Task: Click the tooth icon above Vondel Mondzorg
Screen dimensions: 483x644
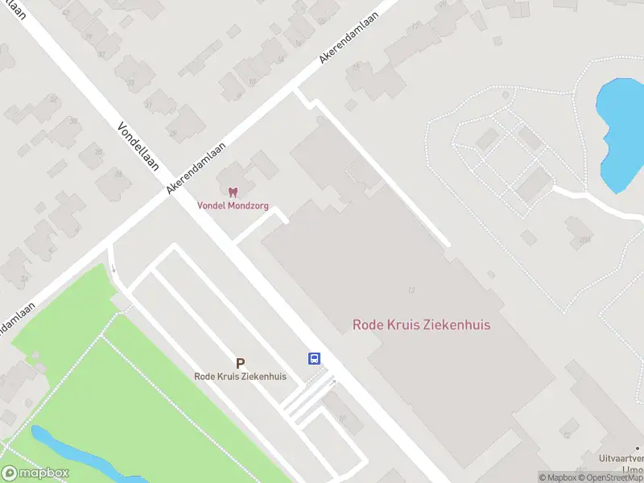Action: tap(233, 192)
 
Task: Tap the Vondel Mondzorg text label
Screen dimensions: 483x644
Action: tap(233, 205)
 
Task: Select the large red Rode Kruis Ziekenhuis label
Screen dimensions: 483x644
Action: tap(421, 324)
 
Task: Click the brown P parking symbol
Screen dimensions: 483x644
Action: tap(240, 364)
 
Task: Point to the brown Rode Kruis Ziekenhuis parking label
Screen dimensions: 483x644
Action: tap(240, 376)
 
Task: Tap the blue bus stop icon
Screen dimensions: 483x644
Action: tap(314, 359)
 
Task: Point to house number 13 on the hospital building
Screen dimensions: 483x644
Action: tap(411, 291)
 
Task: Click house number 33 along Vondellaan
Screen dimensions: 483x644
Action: tap(130, 83)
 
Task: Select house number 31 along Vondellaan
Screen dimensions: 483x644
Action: tap(148, 105)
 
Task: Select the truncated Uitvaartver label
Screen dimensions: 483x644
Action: tap(621, 458)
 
